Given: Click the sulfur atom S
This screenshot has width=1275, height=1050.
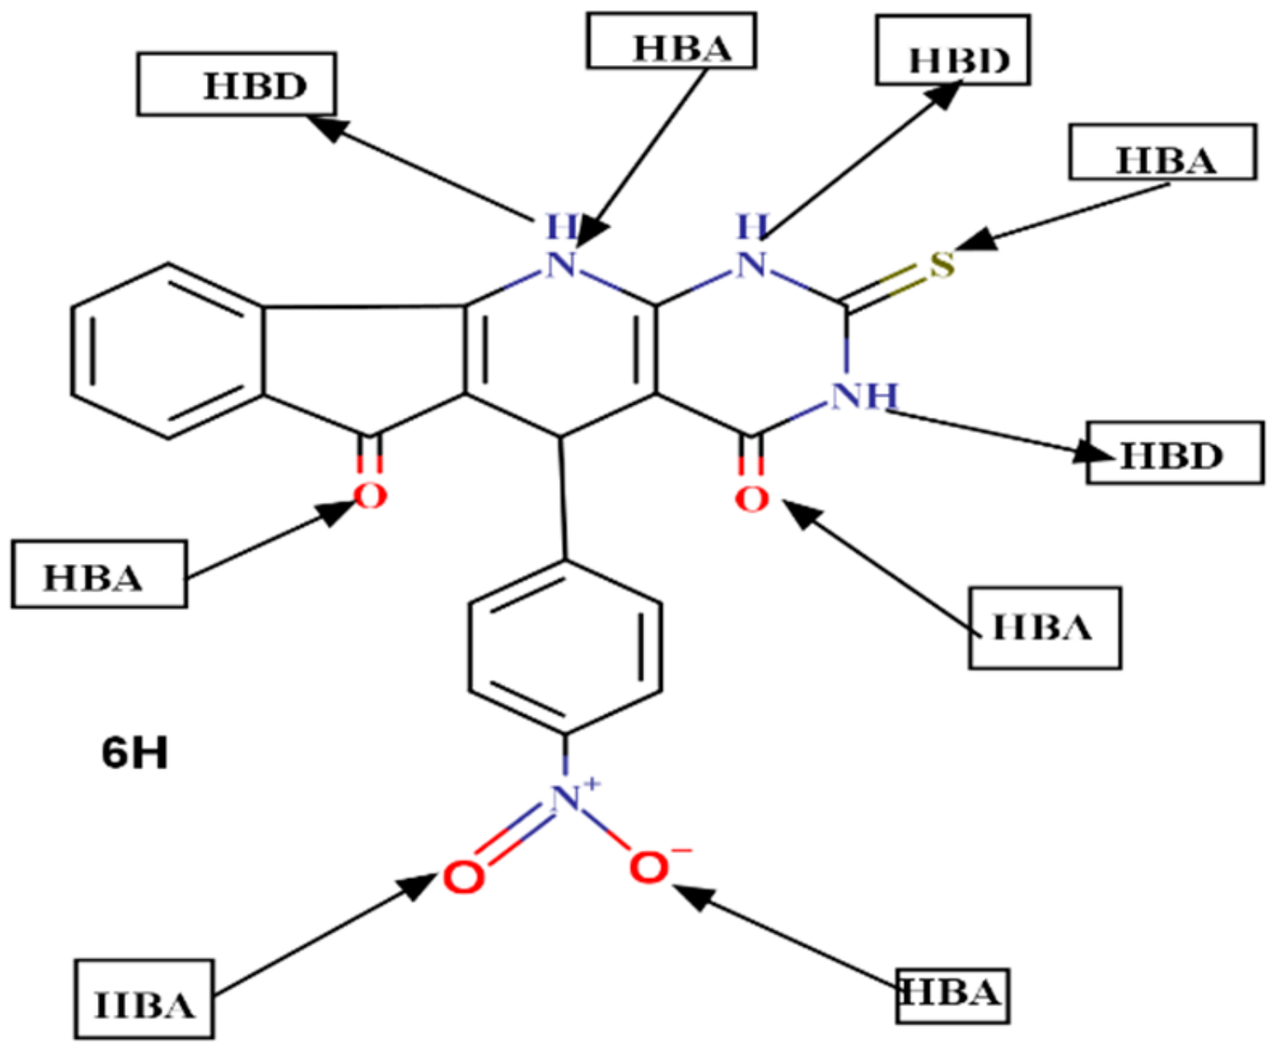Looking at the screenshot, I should tap(941, 265).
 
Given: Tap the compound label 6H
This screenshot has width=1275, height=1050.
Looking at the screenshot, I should tap(134, 753).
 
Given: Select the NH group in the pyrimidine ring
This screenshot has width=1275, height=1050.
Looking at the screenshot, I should tap(865, 396).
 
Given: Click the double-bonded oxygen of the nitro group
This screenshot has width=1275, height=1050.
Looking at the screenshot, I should tap(463, 877).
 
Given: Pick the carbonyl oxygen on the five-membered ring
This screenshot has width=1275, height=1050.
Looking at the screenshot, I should tap(369, 495).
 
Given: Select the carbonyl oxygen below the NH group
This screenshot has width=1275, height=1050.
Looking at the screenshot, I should tap(752, 499).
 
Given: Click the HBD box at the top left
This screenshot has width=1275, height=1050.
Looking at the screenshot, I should tap(237, 84).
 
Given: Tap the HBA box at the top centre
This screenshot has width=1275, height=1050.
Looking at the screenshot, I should tap(671, 40).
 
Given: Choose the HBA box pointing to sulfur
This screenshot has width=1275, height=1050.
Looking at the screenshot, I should tap(1162, 152).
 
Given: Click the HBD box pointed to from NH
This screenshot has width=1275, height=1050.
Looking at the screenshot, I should tap(1175, 453).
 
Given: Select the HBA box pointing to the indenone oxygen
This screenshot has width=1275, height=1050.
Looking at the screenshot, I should tap(99, 574).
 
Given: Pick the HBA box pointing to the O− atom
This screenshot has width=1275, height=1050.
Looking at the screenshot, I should tap(952, 995).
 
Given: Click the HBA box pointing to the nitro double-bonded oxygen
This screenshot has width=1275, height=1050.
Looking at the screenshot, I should tap(144, 1000).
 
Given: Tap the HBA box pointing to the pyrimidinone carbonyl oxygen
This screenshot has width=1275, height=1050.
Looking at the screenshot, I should tap(1044, 627).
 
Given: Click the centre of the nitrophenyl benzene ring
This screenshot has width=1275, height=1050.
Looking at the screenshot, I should tap(565, 647).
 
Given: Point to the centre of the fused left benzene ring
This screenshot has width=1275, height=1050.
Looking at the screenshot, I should tap(168, 351).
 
